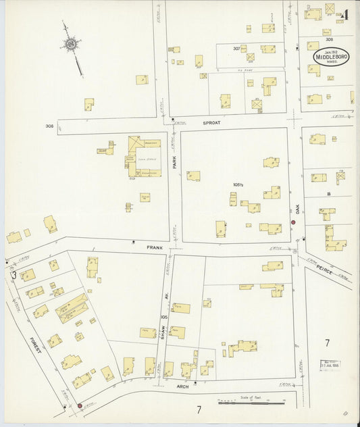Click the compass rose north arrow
click(70, 45)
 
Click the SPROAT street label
click(211, 124)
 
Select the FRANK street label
click(155, 248)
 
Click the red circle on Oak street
click(293, 222)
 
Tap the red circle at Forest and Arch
click(80, 406)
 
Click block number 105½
click(238, 184)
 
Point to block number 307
click(236, 49)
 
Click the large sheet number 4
click(345, 14)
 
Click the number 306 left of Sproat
click(49, 126)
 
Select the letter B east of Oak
click(328, 194)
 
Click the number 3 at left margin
click(13, 275)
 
